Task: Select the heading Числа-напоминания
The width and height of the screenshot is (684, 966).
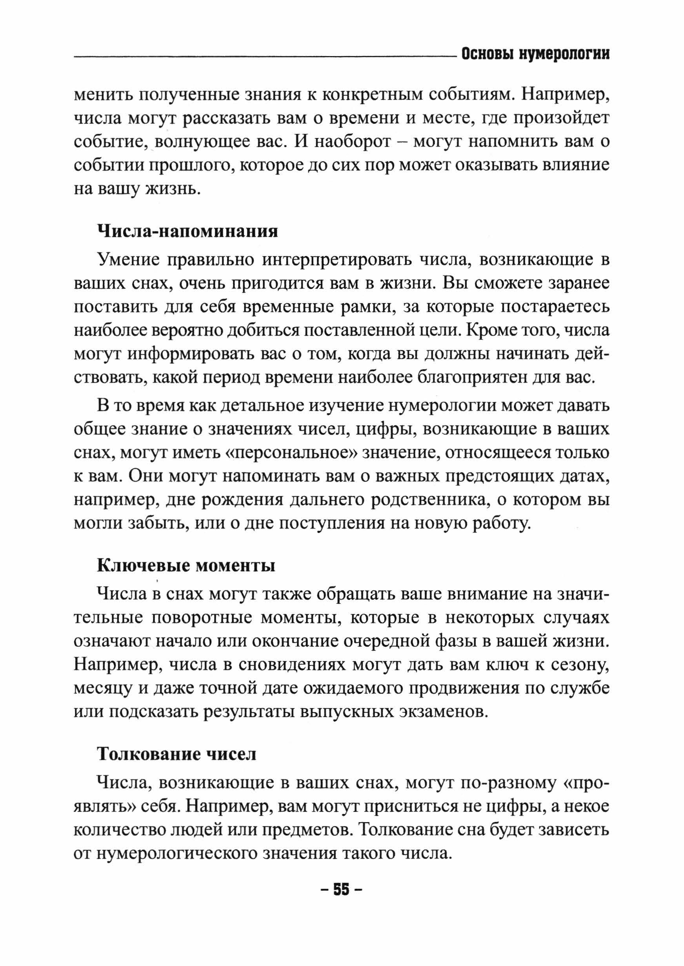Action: coord(187,231)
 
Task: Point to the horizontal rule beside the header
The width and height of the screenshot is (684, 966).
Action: coord(266,56)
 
